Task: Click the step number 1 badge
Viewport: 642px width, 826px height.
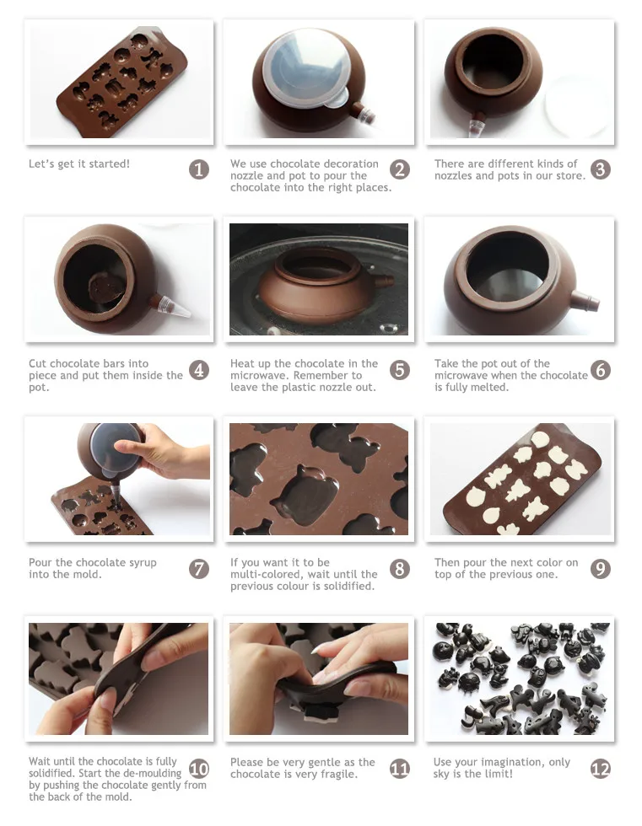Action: [199, 169]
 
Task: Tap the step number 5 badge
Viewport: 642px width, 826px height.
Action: [400, 370]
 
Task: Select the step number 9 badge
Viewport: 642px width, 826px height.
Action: [601, 569]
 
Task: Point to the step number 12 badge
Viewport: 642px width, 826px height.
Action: [601, 769]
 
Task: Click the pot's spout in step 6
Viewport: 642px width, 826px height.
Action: [585, 300]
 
